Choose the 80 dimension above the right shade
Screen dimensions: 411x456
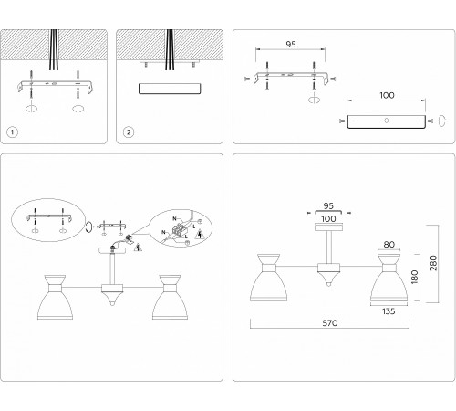coord(389,244)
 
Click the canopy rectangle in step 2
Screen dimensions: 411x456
coord(171,90)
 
